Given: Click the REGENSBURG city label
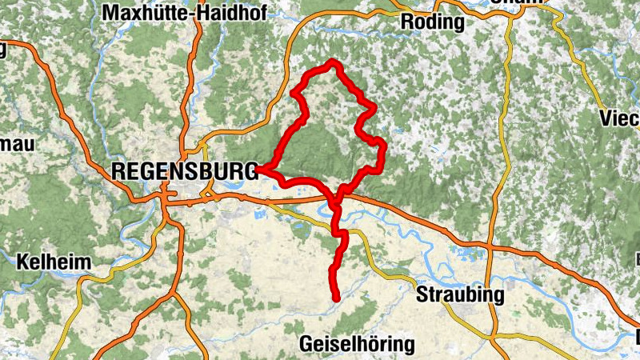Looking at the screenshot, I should [x=183, y=170].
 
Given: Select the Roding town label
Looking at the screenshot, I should [x=432, y=22].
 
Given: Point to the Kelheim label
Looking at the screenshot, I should [x=53, y=262].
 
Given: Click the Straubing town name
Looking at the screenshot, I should [x=460, y=295].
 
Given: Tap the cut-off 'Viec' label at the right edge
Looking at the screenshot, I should [x=620, y=119].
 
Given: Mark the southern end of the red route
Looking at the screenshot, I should [x=337, y=298].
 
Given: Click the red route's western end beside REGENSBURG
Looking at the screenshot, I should [x=258, y=170].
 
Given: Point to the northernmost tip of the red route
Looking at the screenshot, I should [x=331, y=62].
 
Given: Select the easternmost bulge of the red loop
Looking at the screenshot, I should [x=382, y=147].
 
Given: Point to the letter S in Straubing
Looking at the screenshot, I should [x=422, y=295].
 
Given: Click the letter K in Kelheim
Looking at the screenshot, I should [x=22, y=262].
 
